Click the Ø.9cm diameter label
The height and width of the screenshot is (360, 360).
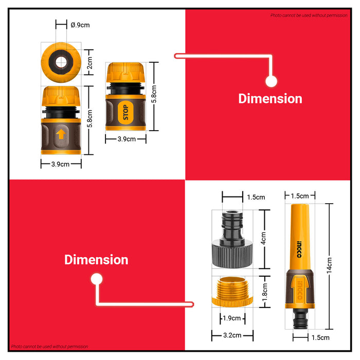[x=80, y=25]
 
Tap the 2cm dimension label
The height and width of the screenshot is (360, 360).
[x=89, y=63]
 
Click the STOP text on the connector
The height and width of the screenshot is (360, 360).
[x=125, y=112]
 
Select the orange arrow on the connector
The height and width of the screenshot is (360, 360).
[x=61, y=134]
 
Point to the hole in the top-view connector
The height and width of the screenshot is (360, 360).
[x=61, y=62]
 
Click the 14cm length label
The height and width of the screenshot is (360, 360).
[x=329, y=266]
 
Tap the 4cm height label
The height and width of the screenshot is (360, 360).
[x=263, y=238]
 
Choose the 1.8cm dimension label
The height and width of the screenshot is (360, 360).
[x=265, y=292]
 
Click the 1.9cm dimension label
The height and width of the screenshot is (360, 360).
[x=231, y=318]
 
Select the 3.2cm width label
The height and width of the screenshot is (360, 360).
[x=232, y=335]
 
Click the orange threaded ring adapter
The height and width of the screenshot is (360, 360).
[x=232, y=292]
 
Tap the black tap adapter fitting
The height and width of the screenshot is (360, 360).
[x=232, y=239]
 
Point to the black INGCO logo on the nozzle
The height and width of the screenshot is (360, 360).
[x=299, y=249]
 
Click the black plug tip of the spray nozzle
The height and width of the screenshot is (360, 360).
[x=300, y=319]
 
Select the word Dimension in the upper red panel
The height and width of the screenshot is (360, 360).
[x=270, y=99]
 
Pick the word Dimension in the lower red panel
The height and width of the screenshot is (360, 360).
[x=96, y=260]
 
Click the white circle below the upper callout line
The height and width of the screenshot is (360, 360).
[x=271, y=81]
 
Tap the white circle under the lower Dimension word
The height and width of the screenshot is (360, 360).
[x=97, y=279]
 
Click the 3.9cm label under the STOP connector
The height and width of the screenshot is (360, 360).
[x=127, y=139]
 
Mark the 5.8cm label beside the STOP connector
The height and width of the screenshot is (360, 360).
[x=154, y=94]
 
